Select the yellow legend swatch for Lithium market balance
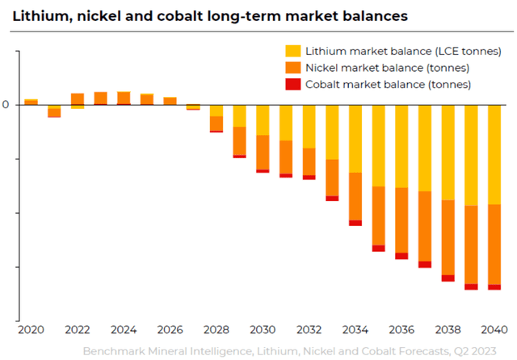tap(293, 51)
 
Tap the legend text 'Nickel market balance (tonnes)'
tap(388, 67)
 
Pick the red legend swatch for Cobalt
tap(293, 84)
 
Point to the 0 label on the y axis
tap(6, 105)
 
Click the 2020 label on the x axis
tap(31, 330)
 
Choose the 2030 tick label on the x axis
tap(263, 330)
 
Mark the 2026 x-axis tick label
tap(170, 330)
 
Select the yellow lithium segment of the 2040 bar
tap(494, 154)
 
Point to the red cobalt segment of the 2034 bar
tap(355, 223)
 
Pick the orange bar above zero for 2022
tap(78, 99)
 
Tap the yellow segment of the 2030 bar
tap(263, 119)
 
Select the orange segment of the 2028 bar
tap(216, 123)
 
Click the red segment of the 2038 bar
tap(448, 278)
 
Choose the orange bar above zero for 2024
tap(124, 98)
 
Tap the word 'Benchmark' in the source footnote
tap(112, 351)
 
